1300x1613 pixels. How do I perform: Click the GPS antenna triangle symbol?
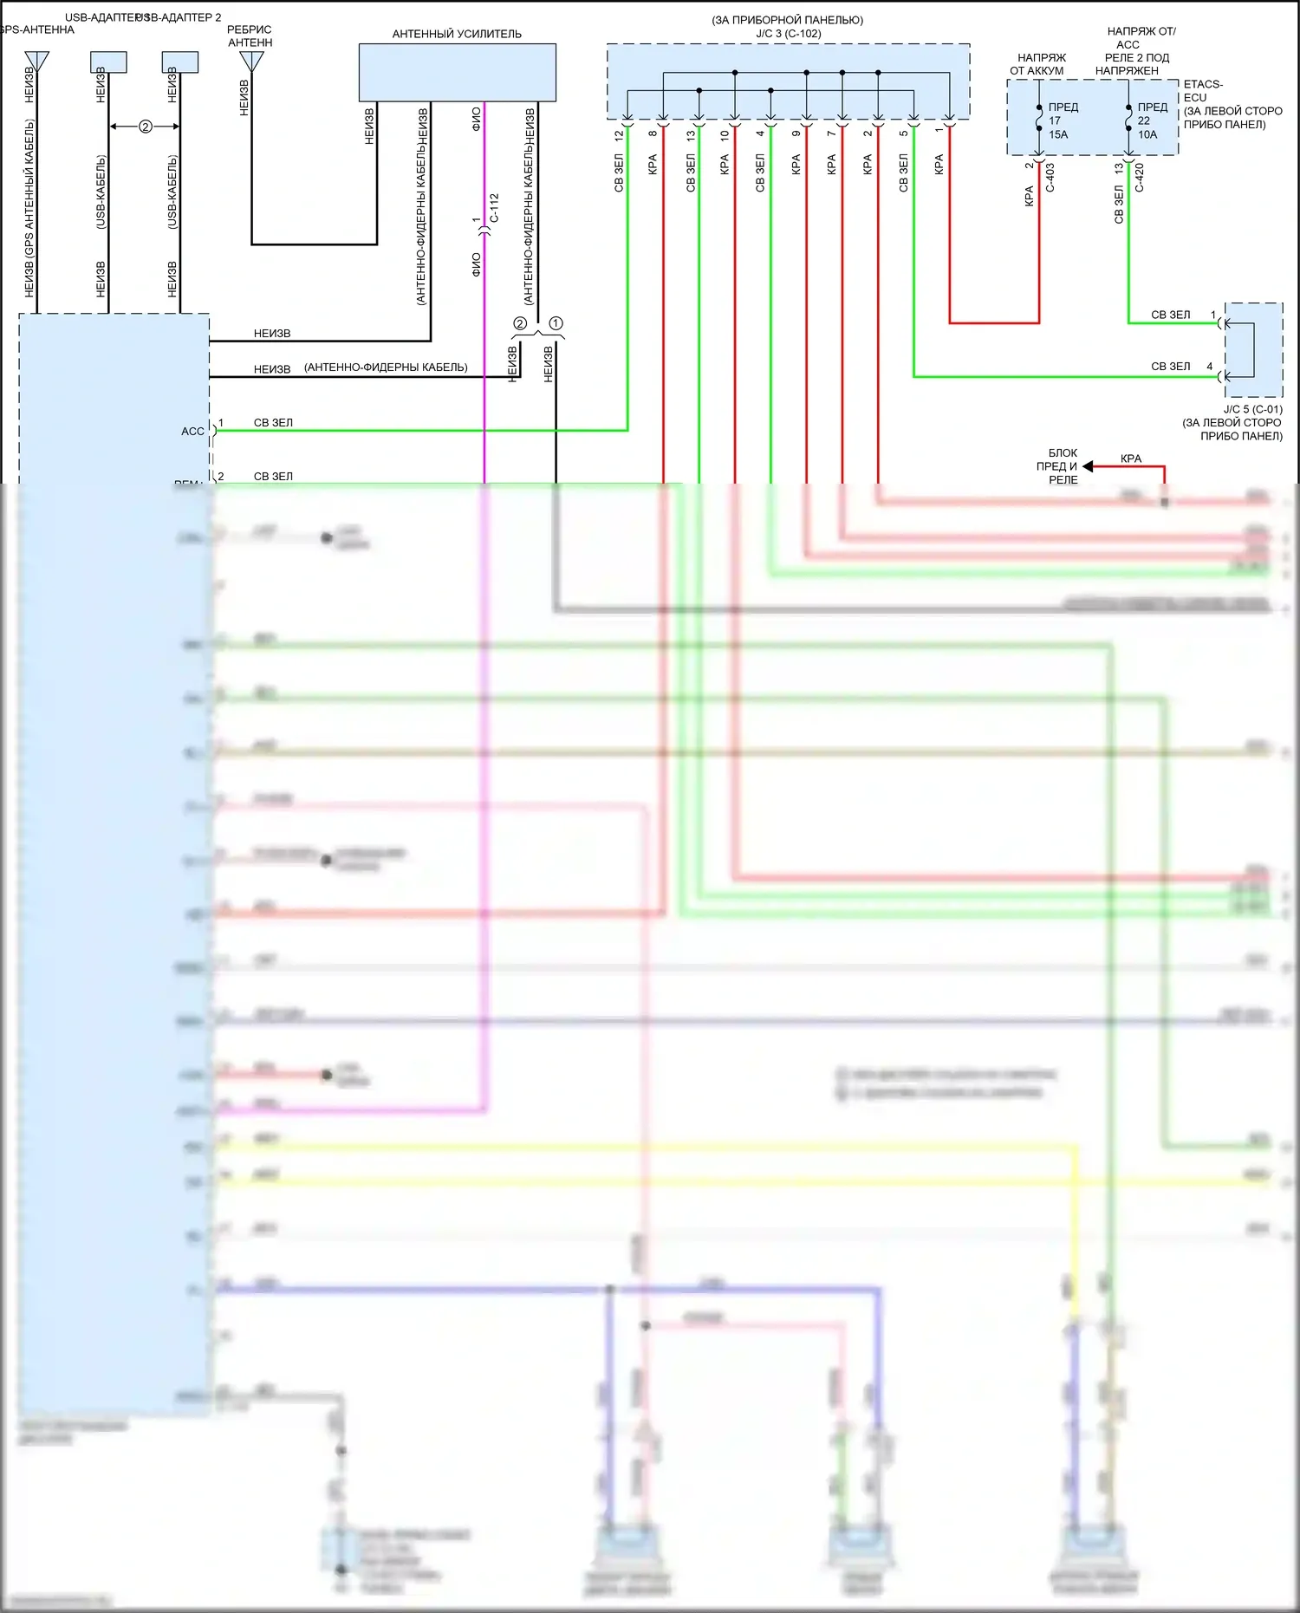click(x=37, y=61)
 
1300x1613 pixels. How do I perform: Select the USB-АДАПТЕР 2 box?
click(x=180, y=62)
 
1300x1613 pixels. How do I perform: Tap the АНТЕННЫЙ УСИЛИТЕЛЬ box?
click(x=457, y=73)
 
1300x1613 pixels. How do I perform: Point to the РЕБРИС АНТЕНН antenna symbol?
click(x=251, y=61)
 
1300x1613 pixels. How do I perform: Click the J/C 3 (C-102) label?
click(x=788, y=34)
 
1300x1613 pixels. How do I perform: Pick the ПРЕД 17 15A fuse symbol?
click(x=1039, y=119)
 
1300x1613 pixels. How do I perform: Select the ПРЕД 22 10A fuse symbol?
click(x=1128, y=119)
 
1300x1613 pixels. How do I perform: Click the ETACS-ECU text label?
click(x=1203, y=90)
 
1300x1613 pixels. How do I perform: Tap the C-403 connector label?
click(x=1050, y=177)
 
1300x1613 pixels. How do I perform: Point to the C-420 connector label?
click(x=1140, y=177)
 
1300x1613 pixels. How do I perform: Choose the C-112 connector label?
click(x=494, y=208)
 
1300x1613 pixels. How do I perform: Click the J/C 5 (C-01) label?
click(x=1252, y=409)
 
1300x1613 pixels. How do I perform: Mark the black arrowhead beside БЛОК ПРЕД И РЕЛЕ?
click(x=1088, y=466)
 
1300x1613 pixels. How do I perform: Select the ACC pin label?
click(x=192, y=431)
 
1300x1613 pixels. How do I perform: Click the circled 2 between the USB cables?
click(x=145, y=127)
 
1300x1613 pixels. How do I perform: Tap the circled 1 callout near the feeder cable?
click(x=556, y=323)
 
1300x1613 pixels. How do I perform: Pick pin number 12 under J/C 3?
click(x=619, y=136)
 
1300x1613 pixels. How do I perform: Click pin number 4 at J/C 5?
click(x=1210, y=367)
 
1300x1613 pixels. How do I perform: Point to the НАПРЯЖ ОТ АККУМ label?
click(x=1038, y=64)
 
